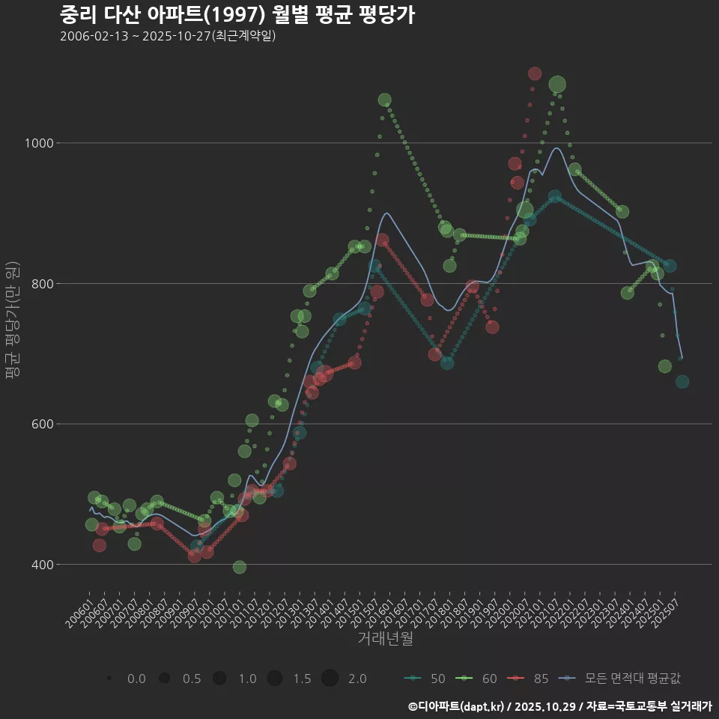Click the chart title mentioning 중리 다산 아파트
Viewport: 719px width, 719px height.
[x=237, y=14]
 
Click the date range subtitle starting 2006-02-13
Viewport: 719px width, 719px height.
[x=168, y=36]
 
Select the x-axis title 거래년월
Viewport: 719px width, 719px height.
[x=385, y=638]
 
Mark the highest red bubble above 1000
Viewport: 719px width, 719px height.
[x=534, y=73]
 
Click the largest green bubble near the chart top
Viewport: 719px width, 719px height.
[x=557, y=85]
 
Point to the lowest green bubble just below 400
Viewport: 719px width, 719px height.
[x=239, y=567]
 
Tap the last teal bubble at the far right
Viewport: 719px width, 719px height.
[x=682, y=382]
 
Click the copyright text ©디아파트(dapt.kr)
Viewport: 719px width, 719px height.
[x=458, y=706]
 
